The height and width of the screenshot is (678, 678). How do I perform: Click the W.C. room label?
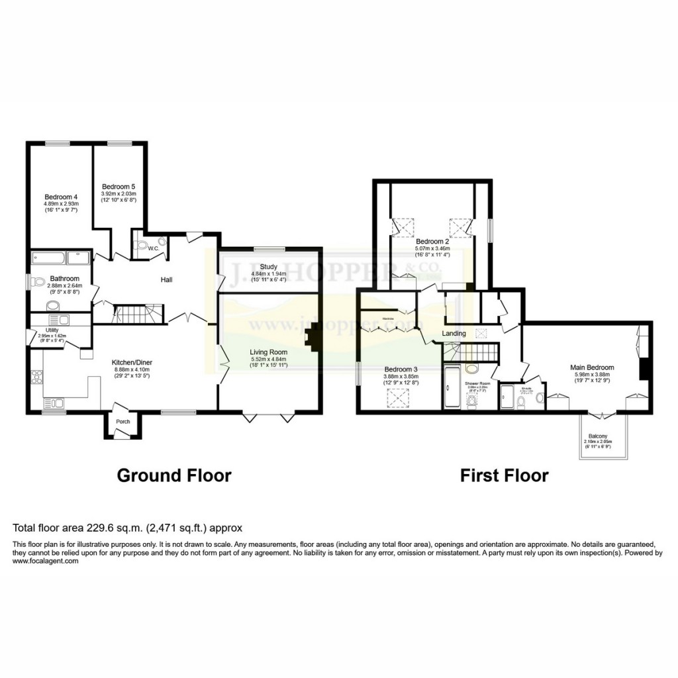pos(153,249)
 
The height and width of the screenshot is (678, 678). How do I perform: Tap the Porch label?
pos(123,421)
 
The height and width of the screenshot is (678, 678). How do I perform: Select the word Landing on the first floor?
pos(454,334)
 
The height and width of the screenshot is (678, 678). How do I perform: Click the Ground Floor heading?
pos(174,475)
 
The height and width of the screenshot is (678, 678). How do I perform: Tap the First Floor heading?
pos(505,475)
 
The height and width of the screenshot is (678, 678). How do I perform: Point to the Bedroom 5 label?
pos(119,187)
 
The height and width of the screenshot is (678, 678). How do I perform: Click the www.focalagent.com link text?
pos(45,561)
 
